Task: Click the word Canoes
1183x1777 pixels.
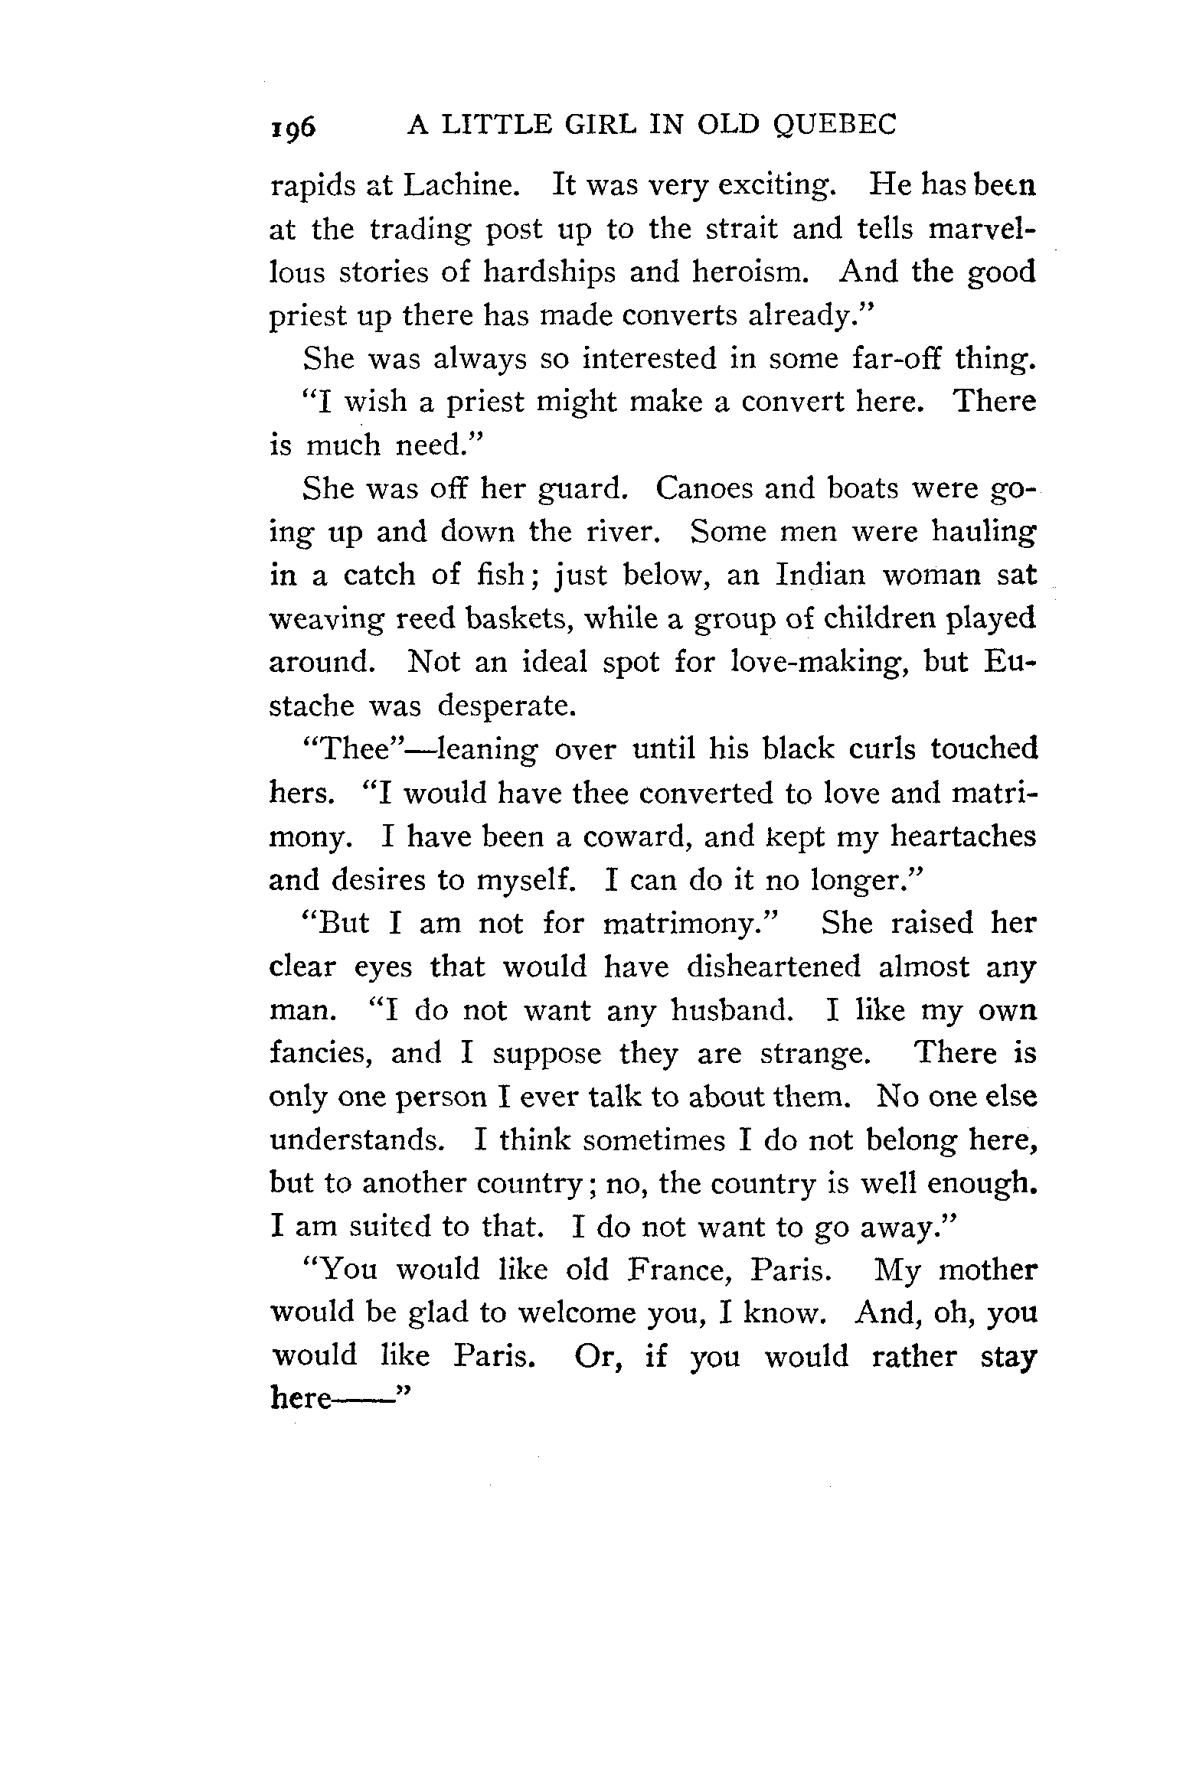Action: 704,488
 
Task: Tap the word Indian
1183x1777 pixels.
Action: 820,575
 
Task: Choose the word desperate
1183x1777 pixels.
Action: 505,706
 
